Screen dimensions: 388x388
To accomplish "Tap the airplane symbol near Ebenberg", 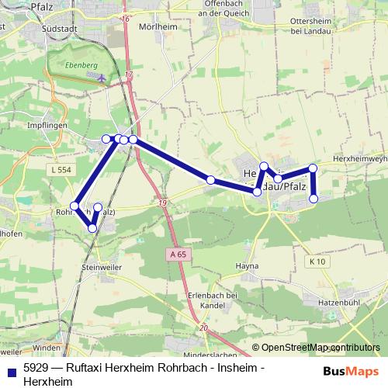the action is pos(104,77).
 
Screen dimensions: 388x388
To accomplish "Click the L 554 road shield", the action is pos(58,169).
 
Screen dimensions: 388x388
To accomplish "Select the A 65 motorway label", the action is pos(178,254).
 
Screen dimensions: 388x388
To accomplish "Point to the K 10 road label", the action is pos(315,262).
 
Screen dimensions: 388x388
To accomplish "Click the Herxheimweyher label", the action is pos(359,158).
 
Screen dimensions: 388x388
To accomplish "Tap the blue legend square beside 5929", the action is pos(10,369).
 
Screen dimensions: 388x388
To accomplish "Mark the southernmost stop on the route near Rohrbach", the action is pos(93,227).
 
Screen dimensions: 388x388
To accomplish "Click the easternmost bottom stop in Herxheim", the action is pos(314,199).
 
